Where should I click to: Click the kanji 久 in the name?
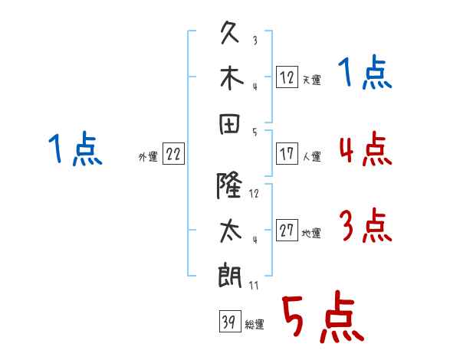click(x=230, y=32)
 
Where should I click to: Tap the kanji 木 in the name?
click(x=232, y=78)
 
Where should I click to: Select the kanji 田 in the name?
click(x=230, y=124)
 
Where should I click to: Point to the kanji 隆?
click(x=229, y=185)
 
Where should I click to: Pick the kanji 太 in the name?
click(x=231, y=231)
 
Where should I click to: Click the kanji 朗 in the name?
click(x=230, y=276)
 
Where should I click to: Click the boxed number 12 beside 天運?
click(x=287, y=77)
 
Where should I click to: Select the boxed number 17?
click(x=287, y=153)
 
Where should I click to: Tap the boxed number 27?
click(x=287, y=230)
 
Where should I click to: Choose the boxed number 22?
click(x=173, y=153)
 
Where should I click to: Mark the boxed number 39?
click(x=230, y=321)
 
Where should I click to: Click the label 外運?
click(x=148, y=156)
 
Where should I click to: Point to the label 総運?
click(x=255, y=325)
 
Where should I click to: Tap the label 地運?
click(x=311, y=234)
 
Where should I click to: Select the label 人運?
click(x=312, y=156)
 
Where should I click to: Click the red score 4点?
click(x=366, y=149)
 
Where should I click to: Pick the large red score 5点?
click(x=323, y=316)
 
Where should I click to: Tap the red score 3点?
click(x=366, y=225)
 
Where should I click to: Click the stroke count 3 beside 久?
click(x=255, y=41)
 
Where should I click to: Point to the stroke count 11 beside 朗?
click(x=254, y=286)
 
